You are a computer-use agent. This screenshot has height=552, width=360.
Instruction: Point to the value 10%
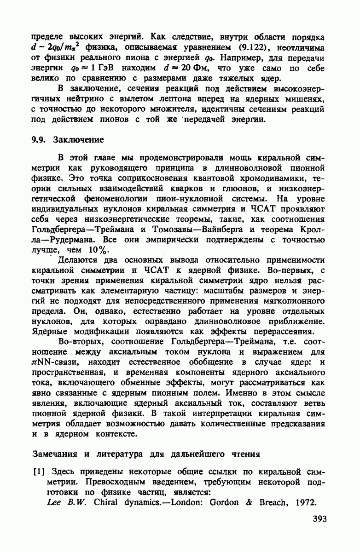click(97, 250)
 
